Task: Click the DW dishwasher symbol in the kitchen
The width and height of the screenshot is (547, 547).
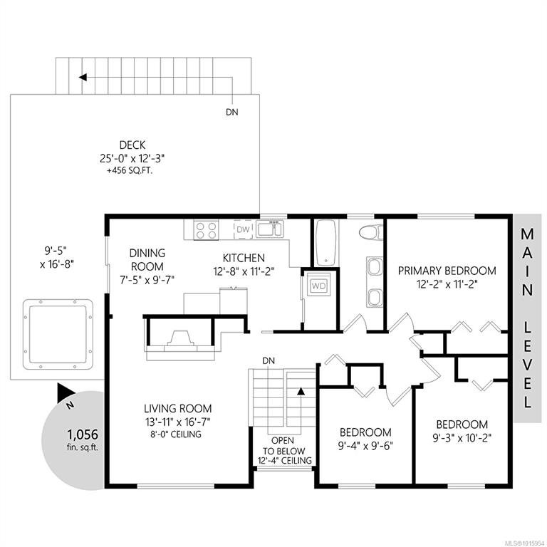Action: (243, 229)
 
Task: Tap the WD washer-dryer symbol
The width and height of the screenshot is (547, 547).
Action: (318, 286)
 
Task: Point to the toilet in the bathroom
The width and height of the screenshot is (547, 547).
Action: (371, 232)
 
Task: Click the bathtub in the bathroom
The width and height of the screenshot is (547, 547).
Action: (325, 242)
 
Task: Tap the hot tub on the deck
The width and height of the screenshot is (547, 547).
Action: (58, 334)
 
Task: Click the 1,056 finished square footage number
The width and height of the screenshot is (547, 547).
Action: (83, 434)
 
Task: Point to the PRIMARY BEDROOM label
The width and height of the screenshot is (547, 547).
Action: (447, 271)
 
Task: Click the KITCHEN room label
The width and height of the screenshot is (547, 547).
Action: (244, 258)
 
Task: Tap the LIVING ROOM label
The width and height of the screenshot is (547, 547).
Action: (178, 409)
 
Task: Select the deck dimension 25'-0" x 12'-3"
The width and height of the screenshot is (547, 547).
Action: (132, 158)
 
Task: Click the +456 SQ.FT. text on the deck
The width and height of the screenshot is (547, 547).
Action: (130, 171)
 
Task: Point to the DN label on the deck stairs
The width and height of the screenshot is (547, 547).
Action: (232, 112)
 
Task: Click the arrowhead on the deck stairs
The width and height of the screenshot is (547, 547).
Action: (83, 77)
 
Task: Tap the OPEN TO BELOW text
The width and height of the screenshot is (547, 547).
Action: (283, 446)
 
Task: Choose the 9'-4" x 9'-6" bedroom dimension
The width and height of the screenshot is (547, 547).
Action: (365, 446)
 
